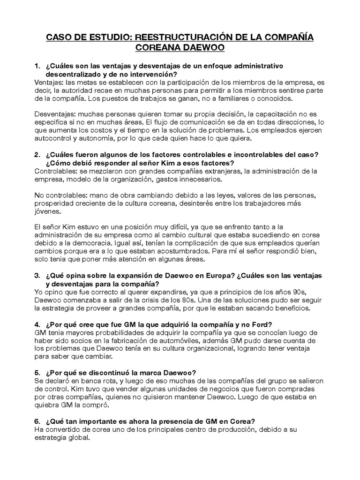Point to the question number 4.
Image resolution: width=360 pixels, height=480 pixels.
(37, 325)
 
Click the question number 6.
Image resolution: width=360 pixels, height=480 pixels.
(37, 421)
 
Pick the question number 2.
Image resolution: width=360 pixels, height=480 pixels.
(37, 155)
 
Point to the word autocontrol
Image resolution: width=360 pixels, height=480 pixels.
(54, 139)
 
